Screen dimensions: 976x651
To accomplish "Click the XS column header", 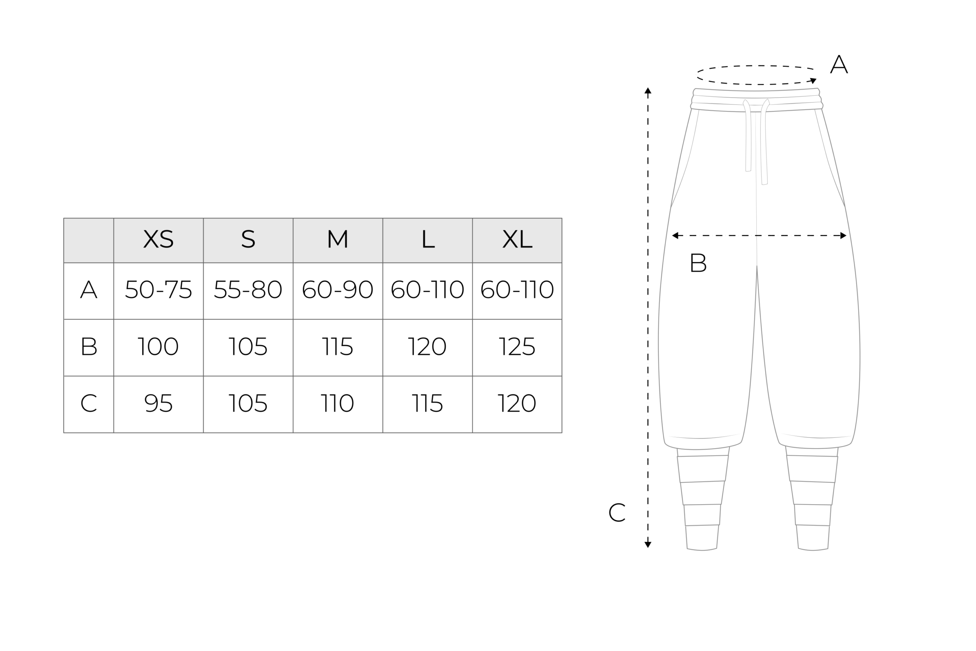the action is pos(158,239).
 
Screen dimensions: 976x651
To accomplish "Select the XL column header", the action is pos(517,239).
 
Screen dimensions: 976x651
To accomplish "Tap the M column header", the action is pos(337,239).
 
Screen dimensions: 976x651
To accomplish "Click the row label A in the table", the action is pos(88,289).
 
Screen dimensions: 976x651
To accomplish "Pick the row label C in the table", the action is pos(88,403).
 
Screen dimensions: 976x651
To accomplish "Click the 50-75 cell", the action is pos(158,289).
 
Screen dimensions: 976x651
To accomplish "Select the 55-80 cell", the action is pos(248,289).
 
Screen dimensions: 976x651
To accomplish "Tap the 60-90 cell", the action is pos(337,289).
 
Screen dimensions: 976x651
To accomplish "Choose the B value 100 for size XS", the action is pos(158,346).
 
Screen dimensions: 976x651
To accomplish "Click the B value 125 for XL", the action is pos(517,346).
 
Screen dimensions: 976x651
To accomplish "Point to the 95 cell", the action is pos(158,403).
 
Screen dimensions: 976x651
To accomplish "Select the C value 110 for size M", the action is pos(337,403).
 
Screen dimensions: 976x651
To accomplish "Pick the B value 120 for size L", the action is pos(427,346).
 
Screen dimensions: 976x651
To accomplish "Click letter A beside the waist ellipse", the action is pos(839,64).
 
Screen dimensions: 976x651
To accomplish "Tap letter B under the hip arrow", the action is pos(698,262).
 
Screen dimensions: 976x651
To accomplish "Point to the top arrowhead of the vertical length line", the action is pos(648,90).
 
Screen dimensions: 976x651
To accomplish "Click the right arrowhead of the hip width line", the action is pos(843,235).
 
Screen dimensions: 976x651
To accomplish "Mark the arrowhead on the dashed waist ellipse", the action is pos(813,80).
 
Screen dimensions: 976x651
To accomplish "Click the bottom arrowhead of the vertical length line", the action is pos(648,545).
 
